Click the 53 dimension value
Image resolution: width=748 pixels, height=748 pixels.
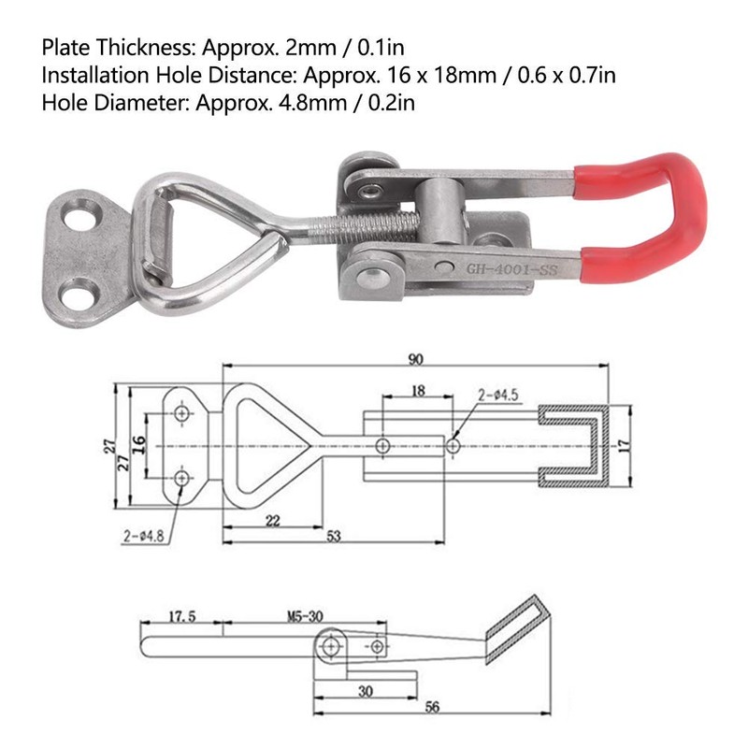pos(333,537)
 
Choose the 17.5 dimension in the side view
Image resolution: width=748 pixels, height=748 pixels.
pos(183,617)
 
